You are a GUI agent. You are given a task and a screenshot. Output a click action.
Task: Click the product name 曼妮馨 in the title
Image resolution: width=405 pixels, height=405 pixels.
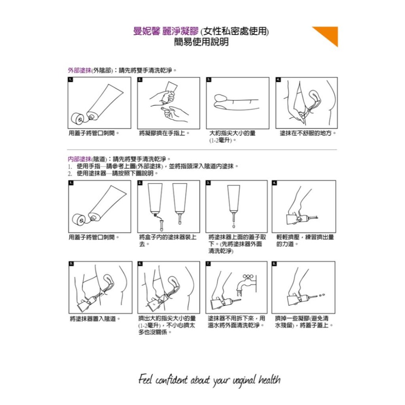147,31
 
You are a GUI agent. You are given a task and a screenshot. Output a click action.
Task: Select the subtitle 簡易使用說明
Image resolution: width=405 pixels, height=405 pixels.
201,42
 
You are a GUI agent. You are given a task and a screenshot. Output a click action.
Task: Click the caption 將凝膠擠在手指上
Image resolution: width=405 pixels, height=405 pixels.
165,133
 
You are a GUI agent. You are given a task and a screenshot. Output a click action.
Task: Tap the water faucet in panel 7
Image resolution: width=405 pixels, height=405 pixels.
245,281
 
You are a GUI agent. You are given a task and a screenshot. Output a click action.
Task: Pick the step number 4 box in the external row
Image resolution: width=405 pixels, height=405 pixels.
278,79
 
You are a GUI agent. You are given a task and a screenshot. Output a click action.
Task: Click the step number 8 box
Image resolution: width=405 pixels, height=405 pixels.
274,264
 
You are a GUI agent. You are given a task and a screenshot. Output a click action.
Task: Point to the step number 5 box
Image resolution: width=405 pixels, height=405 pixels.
71,264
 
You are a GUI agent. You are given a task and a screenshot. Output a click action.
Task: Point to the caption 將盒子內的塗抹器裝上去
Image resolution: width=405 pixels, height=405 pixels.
167,241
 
